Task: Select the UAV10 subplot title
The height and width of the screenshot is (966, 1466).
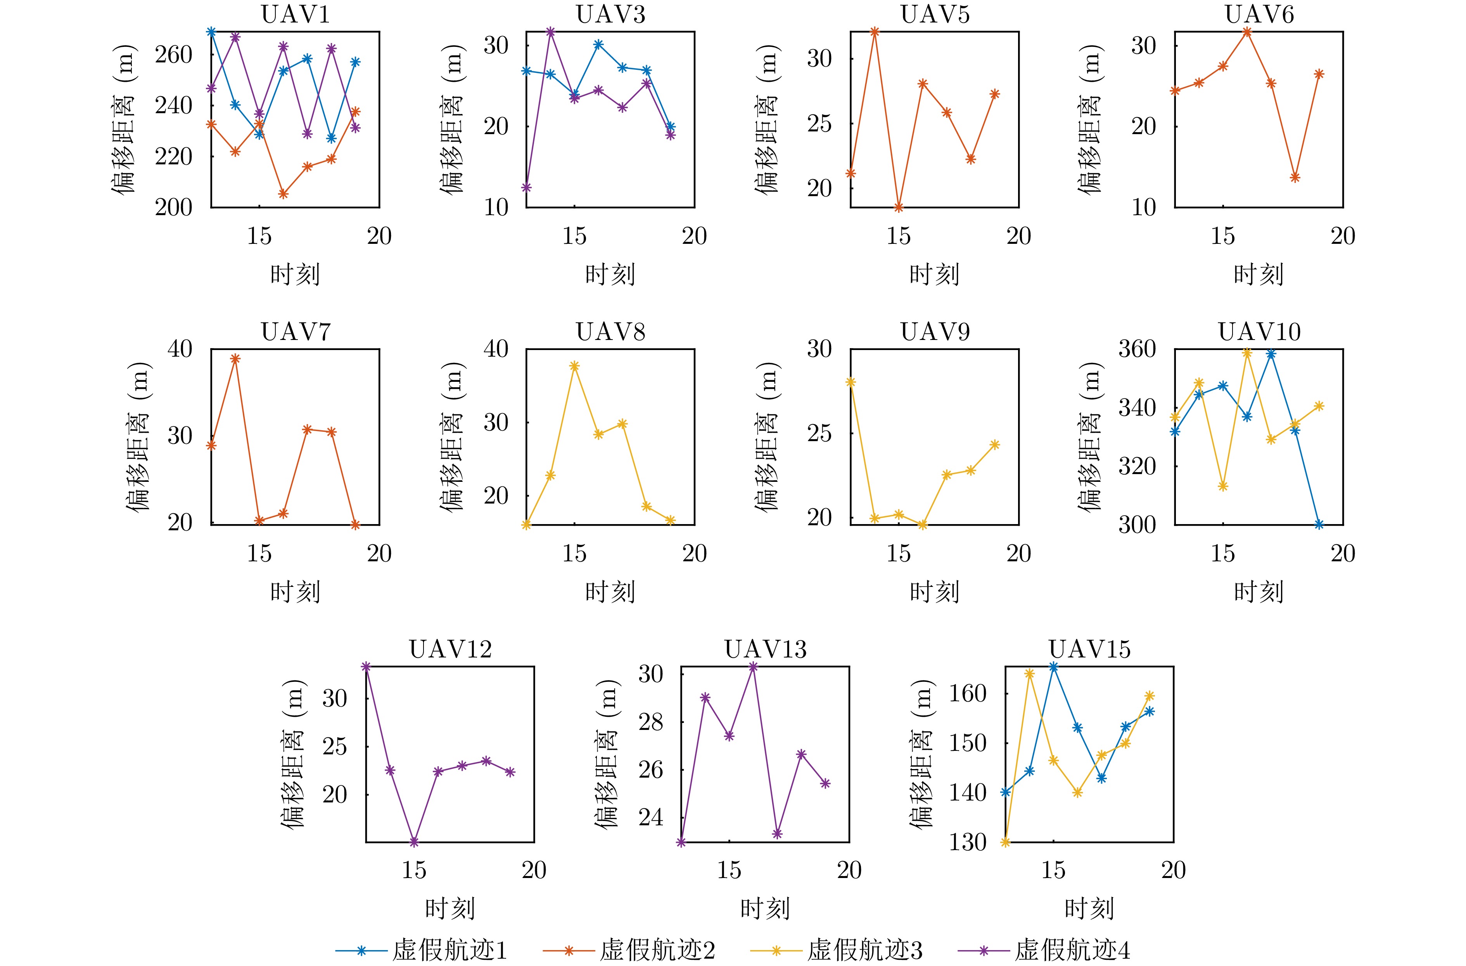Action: coord(1259,332)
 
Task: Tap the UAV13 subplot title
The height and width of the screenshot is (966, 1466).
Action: coord(765,649)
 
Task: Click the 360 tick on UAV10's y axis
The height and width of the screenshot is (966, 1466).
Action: coord(1137,349)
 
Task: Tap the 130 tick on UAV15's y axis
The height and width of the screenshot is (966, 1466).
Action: coord(968,842)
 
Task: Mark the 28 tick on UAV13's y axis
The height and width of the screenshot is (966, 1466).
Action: coord(651,722)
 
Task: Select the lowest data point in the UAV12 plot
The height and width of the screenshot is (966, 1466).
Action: coord(414,842)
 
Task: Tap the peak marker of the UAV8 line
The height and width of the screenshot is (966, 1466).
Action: coord(574,366)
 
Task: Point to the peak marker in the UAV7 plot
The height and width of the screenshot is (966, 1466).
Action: coord(235,359)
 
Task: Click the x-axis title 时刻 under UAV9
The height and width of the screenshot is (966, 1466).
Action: coord(934,592)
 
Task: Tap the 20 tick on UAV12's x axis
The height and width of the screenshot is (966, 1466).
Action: coord(534,871)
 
